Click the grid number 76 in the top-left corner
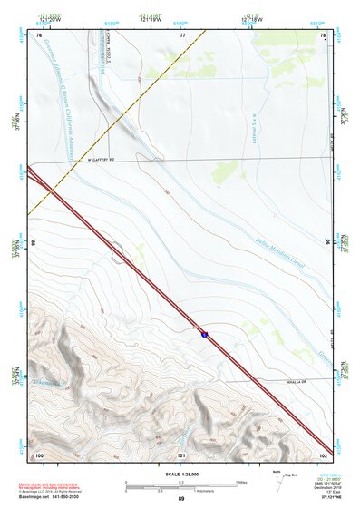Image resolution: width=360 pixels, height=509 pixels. pos(38,35)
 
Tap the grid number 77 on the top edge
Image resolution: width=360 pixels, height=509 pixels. pos(182,35)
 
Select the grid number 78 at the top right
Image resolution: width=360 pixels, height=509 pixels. pos(324,35)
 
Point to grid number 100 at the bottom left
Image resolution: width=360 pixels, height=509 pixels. pos(39,454)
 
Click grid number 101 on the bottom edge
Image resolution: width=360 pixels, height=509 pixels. pos(181,454)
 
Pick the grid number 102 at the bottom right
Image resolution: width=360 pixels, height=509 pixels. pos(322,454)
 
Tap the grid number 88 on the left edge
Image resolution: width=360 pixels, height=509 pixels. pos(34,244)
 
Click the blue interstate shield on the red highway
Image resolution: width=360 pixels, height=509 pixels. pos(205,334)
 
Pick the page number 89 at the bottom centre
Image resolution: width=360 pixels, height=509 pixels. pos(180,499)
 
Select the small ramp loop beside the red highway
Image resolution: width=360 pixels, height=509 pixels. pos(118,251)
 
